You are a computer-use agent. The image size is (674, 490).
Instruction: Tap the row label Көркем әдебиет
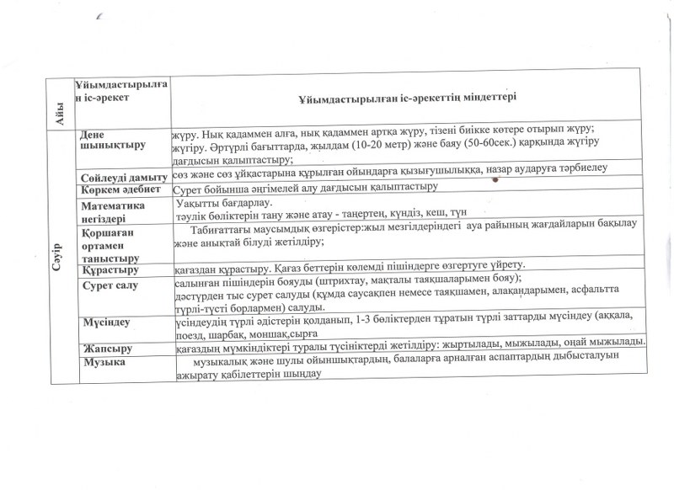click(x=120, y=190)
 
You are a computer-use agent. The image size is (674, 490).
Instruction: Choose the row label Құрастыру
click(x=109, y=271)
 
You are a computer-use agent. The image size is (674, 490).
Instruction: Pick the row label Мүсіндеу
click(x=104, y=322)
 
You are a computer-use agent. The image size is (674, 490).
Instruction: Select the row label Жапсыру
click(x=105, y=348)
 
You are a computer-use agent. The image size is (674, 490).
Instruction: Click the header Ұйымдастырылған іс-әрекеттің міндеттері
click(x=406, y=97)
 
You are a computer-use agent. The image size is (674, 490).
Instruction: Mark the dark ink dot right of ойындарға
click(x=495, y=179)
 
